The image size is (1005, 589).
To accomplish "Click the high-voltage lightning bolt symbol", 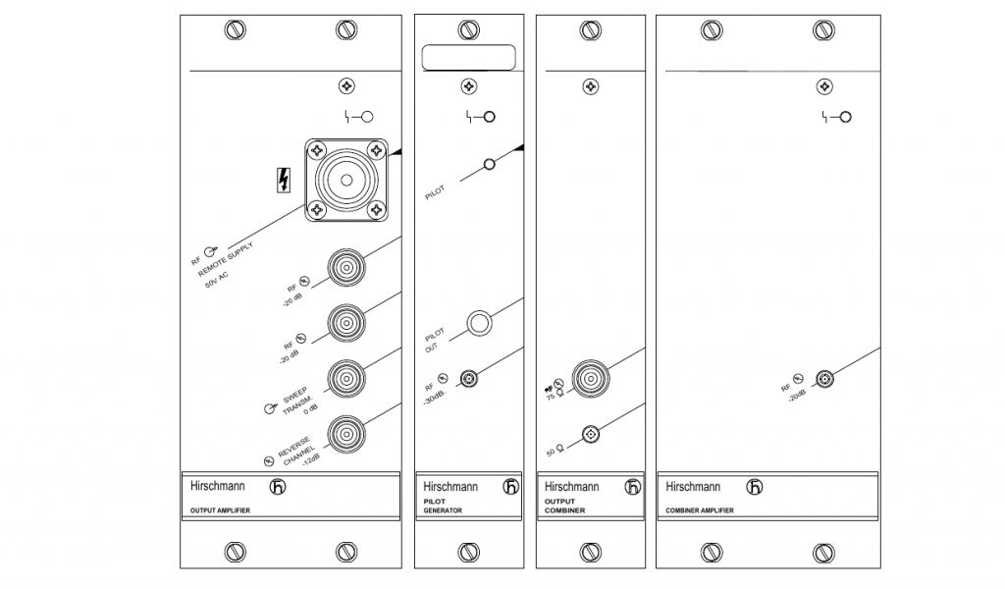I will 285,180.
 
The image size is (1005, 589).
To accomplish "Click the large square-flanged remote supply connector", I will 346,180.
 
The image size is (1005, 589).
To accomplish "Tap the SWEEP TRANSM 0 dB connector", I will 346,377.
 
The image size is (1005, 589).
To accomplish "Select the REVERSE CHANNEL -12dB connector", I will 346,432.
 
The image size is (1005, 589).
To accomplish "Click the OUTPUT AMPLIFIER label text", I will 221,510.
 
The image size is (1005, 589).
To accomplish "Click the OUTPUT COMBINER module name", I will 564,507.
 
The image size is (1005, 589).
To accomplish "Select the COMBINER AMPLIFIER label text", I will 699,510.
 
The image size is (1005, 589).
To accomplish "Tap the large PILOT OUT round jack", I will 480,323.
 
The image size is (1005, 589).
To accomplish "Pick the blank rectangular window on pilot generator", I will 469,58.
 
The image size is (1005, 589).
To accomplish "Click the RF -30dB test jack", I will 471,378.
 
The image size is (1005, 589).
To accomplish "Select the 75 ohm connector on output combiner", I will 591,377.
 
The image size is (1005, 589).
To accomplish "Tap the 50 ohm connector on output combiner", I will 591,433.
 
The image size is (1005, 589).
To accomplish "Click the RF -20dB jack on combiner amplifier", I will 825,378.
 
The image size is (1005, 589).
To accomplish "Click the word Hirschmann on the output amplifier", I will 218,486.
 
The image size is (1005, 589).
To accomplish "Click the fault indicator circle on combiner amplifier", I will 844,117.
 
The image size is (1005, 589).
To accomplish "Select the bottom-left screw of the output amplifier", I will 233,552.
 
